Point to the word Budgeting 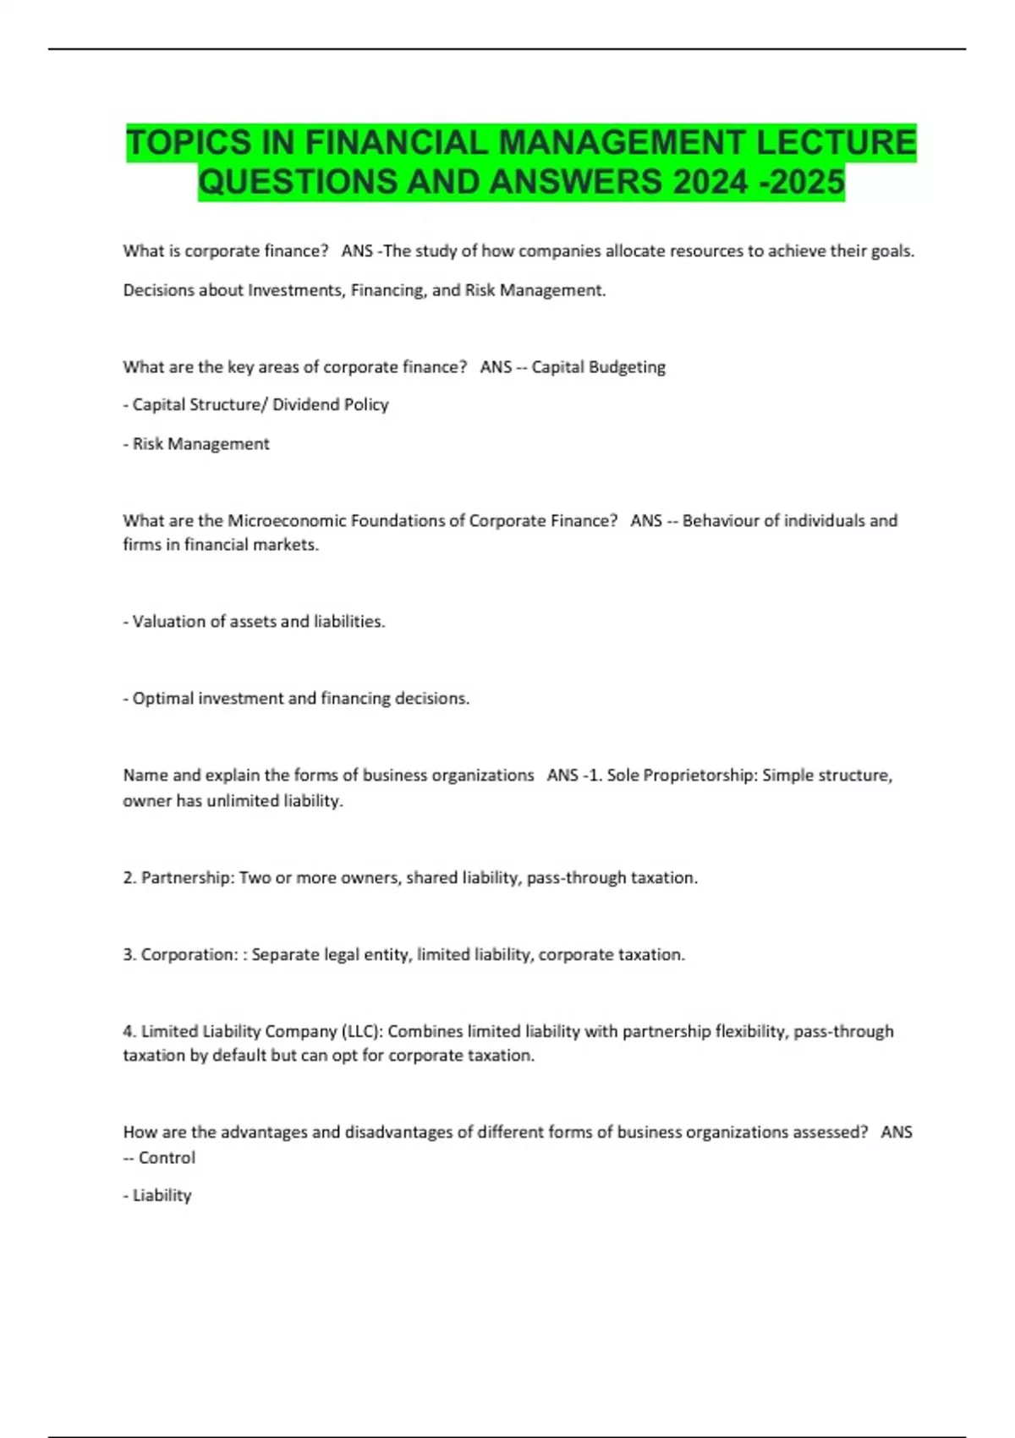627,367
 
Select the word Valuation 170,622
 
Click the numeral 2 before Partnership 129,878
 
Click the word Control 167,1158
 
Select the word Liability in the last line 162,1196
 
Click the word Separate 286,955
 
